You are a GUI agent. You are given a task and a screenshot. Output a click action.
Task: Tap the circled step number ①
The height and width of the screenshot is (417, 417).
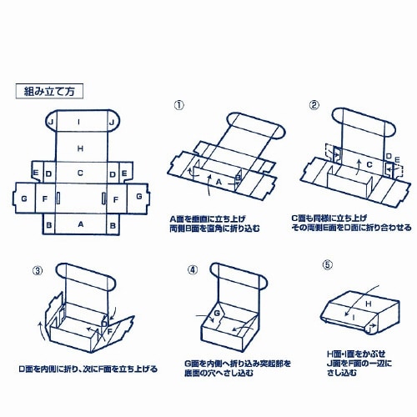pos(178,105)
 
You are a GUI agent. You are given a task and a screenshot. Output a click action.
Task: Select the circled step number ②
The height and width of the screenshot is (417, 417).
pos(314,105)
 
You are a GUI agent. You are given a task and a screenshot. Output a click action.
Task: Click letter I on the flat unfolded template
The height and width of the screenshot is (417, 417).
pos(80,122)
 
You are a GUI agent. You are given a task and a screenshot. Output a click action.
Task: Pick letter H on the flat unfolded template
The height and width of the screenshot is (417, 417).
pos(80,148)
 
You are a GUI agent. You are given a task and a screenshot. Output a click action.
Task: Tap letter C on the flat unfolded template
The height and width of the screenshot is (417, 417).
pos(80,173)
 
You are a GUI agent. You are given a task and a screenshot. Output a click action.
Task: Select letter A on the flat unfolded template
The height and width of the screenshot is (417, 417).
pos(80,225)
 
